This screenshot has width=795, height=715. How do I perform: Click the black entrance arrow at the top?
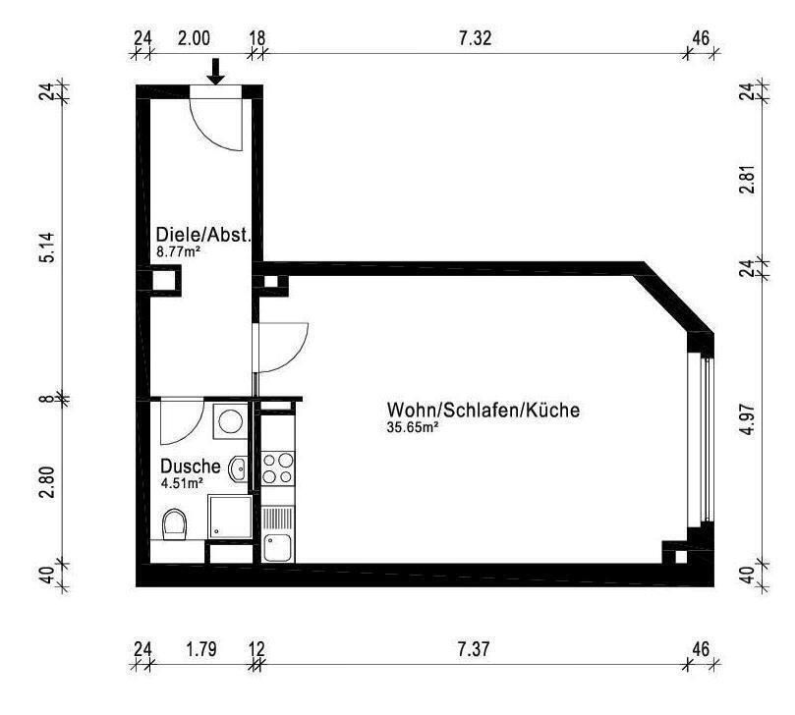click(x=217, y=71)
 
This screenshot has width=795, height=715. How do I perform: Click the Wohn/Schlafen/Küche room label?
click(x=483, y=410)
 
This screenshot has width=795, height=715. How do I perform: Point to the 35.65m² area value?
click(x=412, y=427)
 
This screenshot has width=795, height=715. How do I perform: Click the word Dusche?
click(x=191, y=467)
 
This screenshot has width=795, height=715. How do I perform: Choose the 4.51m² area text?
click(x=182, y=482)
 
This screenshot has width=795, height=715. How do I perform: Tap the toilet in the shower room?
click(x=174, y=523)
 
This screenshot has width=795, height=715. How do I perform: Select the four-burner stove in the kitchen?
click(x=277, y=467)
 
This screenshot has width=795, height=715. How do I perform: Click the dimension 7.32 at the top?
click(x=475, y=39)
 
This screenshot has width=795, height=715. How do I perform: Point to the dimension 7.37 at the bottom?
click(x=475, y=649)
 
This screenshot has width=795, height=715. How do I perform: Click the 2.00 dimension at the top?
click(x=194, y=39)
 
